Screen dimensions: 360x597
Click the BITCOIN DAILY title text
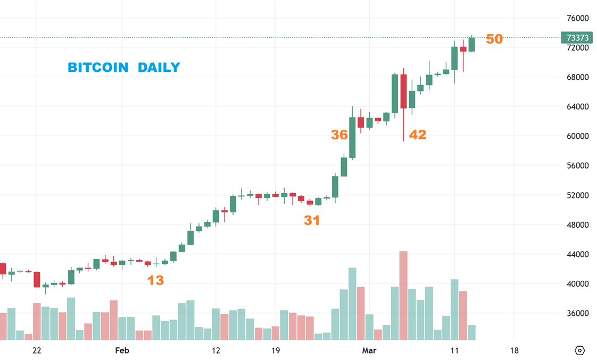click(123, 68)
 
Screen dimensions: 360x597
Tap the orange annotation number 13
click(155, 280)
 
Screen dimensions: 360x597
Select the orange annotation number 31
click(312, 220)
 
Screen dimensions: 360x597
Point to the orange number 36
click(339, 135)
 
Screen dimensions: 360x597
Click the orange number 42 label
click(418, 135)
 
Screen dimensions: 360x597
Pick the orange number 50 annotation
click(494, 39)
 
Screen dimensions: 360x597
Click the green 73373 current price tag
click(577, 38)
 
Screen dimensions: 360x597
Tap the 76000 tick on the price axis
click(577, 18)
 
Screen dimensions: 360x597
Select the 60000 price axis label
click(577, 136)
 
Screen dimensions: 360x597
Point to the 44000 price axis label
click(577, 255)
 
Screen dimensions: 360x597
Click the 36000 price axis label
click(577, 314)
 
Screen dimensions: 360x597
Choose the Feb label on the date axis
click(122, 350)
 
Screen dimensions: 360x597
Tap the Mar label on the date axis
click(369, 350)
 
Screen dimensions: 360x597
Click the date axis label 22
click(37, 350)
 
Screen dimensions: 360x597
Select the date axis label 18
click(514, 350)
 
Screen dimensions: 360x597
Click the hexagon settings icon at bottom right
click(580, 350)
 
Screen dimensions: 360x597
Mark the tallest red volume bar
click(403, 295)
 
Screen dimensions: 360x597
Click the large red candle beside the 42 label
click(403, 91)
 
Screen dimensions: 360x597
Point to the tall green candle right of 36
click(352, 137)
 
